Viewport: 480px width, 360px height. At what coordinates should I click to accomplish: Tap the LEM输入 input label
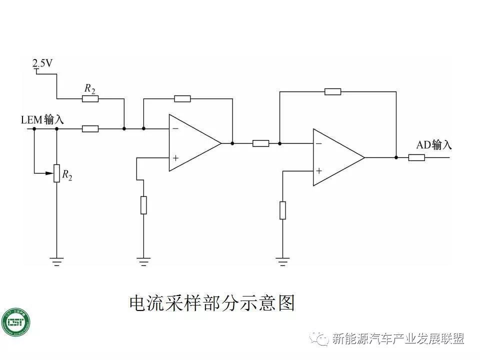coord(42,120)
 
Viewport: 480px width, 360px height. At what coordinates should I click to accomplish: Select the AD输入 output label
coord(434,145)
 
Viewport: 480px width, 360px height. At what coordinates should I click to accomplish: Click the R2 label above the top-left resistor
coord(89,88)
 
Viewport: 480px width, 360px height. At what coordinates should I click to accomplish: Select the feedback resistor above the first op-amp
coord(182,98)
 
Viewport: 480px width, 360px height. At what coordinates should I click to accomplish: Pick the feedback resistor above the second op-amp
coord(332,91)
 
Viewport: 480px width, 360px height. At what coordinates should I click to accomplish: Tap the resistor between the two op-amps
coord(260,143)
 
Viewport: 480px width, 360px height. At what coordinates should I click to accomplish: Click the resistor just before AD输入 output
coord(416,157)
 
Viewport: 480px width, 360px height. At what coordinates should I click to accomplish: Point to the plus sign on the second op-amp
coord(319,171)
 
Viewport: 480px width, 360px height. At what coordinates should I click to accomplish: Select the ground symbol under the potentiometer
coord(56,260)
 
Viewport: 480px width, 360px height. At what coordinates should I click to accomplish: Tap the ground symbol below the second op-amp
coord(282,260)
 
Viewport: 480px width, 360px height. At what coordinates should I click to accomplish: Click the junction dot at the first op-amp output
coord(232,143)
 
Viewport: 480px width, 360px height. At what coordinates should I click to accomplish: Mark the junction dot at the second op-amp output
coord(396,157)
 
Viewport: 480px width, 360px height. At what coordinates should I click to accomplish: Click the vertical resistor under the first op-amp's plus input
coord(143,205)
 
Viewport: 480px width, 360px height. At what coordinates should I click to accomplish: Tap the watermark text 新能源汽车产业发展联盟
coord(398,339)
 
